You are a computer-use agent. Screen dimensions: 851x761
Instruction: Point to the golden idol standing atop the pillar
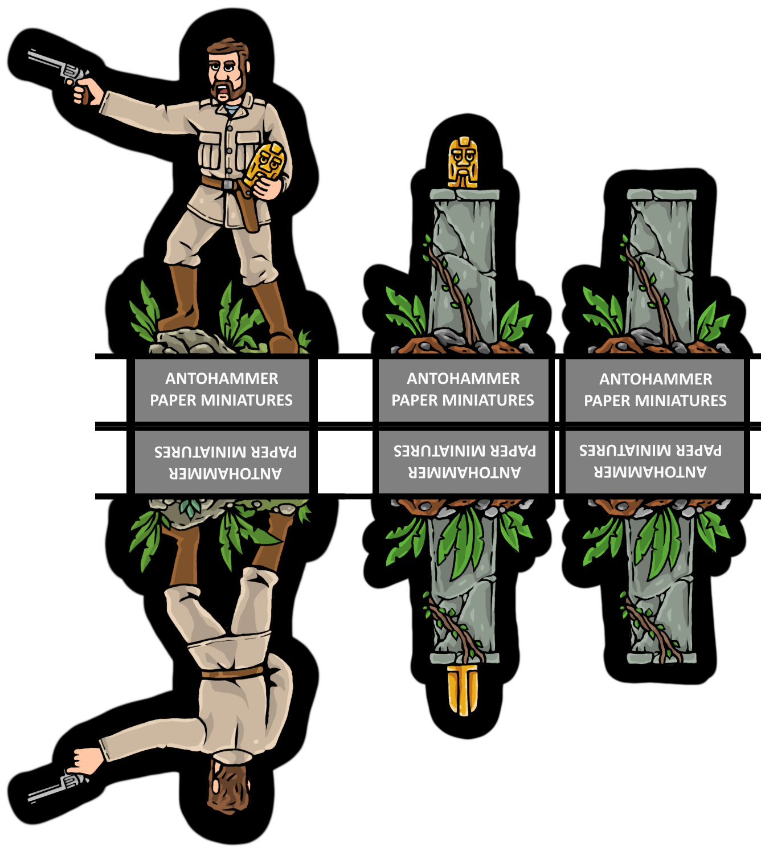(463, 162)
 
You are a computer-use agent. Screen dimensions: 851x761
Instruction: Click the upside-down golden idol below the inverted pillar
(463, 689)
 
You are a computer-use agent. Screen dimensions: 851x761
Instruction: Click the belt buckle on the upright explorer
(228, 185)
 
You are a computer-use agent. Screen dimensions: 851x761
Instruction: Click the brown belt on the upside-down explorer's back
(232, 673)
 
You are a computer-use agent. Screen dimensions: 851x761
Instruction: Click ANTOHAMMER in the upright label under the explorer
(222, 379)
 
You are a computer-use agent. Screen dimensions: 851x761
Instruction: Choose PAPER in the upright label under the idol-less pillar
(607, 401)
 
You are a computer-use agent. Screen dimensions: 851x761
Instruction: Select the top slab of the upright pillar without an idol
(662, 195)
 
